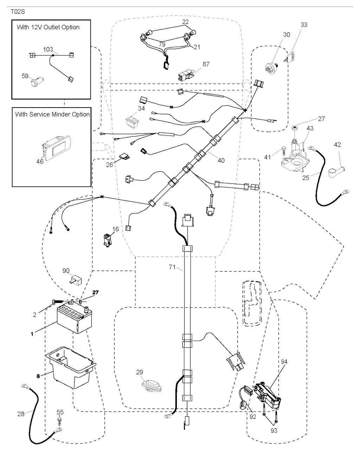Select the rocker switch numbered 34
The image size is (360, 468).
[x=133, y=120]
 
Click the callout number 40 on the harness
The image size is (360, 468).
[x=221, y=160]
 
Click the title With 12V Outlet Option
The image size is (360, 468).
[x=48, y=27]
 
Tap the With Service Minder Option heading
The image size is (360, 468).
[x=52, y=114]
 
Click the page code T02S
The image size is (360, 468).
[x=17, y=12]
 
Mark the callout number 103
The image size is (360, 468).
[x=48, y=50]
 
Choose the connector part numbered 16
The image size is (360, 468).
[x=107, y=241]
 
